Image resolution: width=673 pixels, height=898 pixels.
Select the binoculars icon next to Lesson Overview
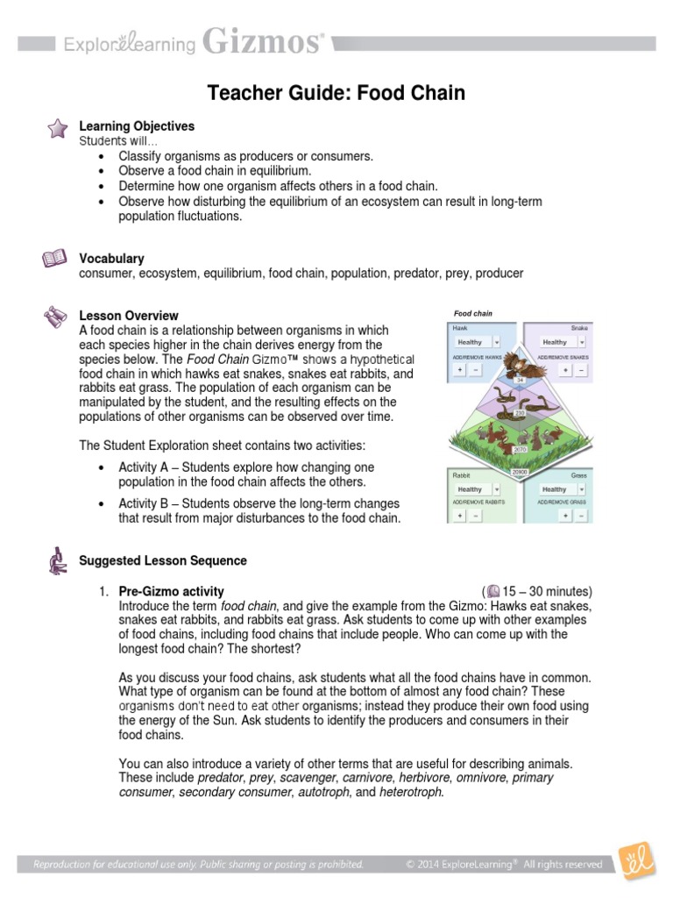point(55,317)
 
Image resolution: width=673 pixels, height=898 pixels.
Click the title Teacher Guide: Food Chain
point(336,93)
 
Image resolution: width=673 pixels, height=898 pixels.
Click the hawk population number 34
point(519,380)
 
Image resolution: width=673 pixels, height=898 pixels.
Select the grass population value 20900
point(519,472)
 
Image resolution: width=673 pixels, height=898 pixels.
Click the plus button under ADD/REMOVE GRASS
point(565,516)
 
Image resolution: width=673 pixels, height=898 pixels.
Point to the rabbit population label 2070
point(519,449)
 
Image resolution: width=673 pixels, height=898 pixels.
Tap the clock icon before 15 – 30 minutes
point(493,590)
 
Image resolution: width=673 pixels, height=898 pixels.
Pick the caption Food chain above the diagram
point(472,313)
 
